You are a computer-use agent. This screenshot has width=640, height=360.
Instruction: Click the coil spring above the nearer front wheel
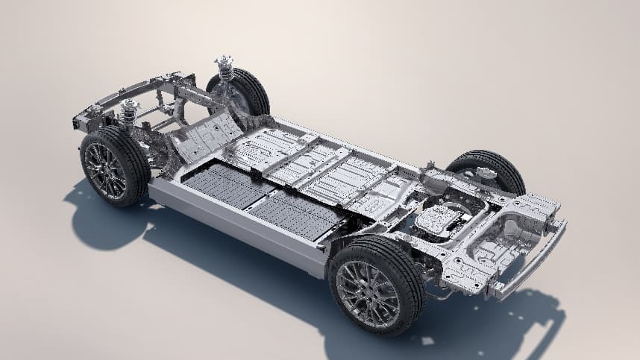coord(130,112)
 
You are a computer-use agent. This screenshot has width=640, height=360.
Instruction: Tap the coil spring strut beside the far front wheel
coord(225,69)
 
